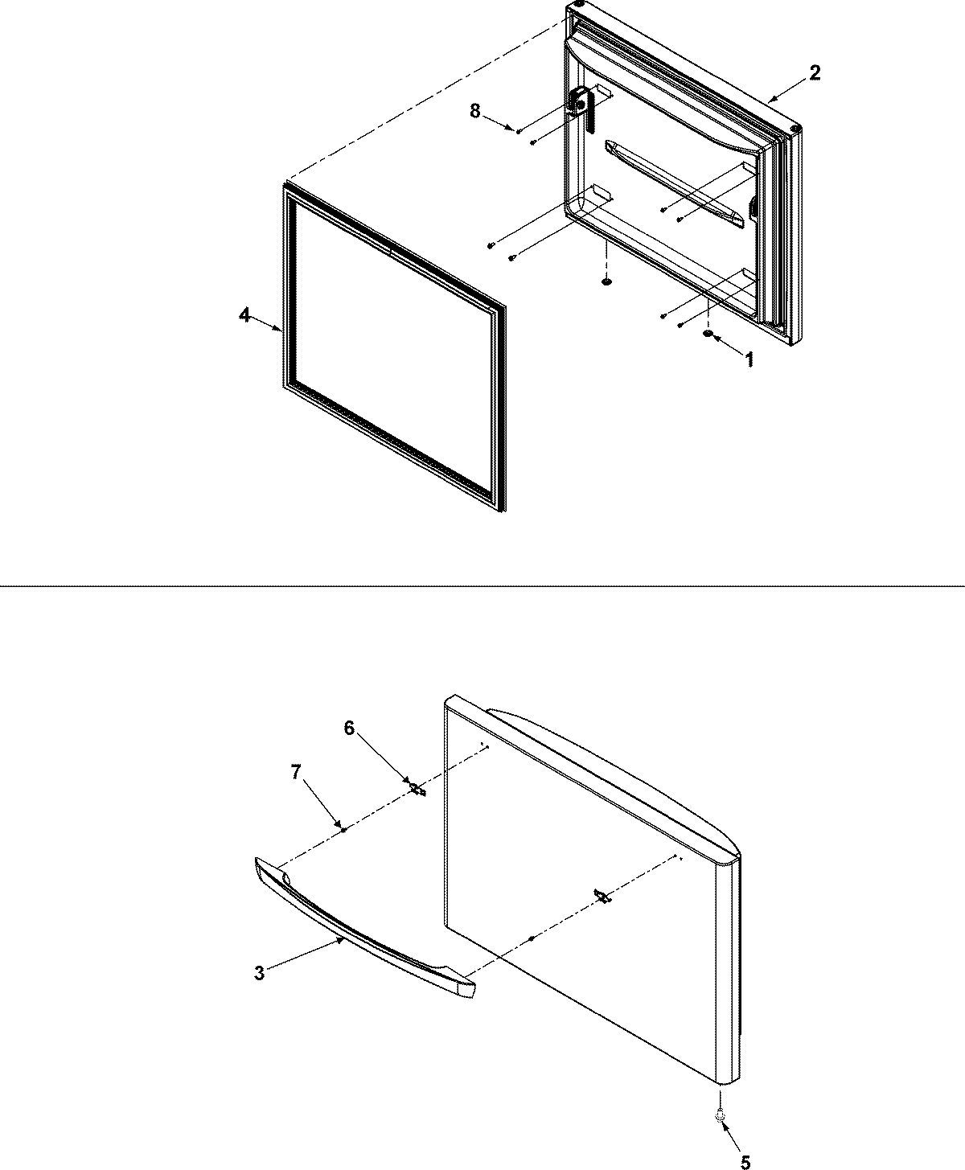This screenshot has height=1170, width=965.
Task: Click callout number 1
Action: tap(749, 361)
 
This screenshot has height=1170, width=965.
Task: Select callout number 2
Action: tap(815, 72)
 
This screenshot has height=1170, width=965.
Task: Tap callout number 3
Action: tap(259, 973)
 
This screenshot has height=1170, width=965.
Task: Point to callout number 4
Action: tap(244, 316)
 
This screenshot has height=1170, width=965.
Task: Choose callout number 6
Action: tap(348, 728)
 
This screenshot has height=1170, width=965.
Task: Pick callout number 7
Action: tap(296, 772)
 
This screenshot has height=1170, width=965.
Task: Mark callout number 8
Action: tap(475, 111)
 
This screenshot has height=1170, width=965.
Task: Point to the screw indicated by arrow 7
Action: tap(344, 830)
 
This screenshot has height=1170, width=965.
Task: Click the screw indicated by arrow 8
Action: tap(519, 131)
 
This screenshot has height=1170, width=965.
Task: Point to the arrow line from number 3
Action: tap(306, 955)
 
